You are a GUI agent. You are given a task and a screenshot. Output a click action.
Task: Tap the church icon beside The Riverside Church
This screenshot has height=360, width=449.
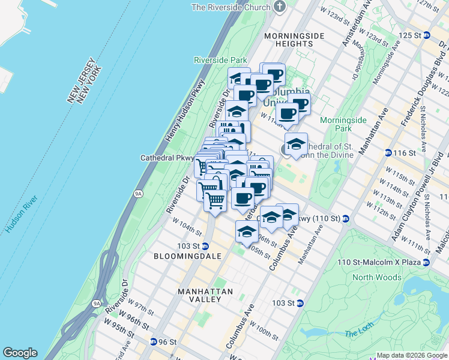[x=278, y=7]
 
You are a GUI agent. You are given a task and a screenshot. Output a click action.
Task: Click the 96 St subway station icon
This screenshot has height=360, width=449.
[x=154, y=342]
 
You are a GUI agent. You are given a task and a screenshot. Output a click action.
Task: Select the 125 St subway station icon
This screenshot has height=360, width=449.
[x=426, y=35]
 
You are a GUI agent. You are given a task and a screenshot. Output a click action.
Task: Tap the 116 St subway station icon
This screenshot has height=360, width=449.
[x=388, y=154]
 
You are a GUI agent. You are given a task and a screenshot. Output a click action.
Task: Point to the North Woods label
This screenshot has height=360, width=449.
[x=376, y=277]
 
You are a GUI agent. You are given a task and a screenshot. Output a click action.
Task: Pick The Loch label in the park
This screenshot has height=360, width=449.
[x=359, y=334]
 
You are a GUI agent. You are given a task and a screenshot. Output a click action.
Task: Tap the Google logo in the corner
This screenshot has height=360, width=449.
[x=20, y=353]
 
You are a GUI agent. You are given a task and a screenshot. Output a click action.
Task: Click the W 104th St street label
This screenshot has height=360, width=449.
[x=185, y=228]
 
